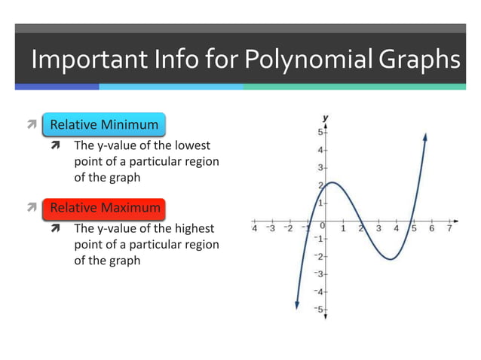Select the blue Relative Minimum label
104,125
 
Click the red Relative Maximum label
105,207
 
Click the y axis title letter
326,118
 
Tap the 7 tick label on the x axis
449,227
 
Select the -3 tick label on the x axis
271,227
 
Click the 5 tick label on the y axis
319,133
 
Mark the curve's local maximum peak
332,182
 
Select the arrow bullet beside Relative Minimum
30,125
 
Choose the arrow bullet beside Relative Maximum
30,207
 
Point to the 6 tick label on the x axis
432,227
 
